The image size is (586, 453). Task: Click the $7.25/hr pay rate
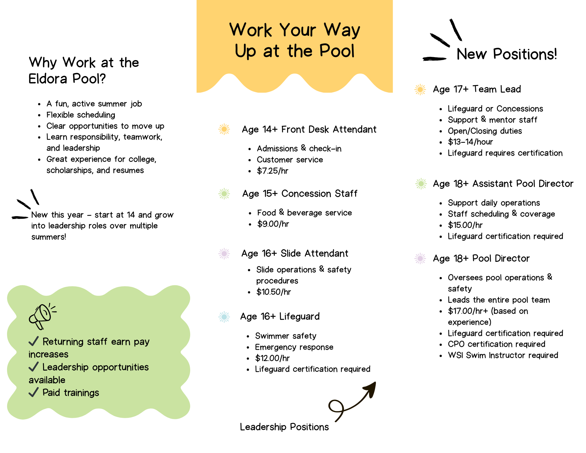[x=272, y=171]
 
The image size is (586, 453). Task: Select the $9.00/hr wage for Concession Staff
[x=273, y=224]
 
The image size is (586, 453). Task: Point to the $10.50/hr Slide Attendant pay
[x=273, y=292]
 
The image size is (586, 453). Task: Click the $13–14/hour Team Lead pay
[x=470, y=142]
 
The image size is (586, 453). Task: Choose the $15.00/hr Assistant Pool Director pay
[x=465, y=225]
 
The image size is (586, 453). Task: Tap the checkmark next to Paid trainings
[x=34, y=392]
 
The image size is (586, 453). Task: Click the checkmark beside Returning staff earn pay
[x=34, y=341]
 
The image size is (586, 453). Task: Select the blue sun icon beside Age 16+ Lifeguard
[x=224, y=317]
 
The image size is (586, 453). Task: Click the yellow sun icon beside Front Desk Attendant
[x=224, y=129]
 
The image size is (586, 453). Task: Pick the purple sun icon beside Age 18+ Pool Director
[x=420, y=258]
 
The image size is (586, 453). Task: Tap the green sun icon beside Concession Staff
[x=224, y=194]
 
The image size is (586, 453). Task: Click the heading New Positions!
[x=507, y=54]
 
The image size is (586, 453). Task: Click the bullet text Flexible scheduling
[x=81, y=115]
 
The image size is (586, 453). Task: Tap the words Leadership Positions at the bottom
[x=284, y=427]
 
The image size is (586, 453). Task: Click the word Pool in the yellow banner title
[x=337, y=51]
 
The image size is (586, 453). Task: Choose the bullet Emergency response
[x=294, y=347]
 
